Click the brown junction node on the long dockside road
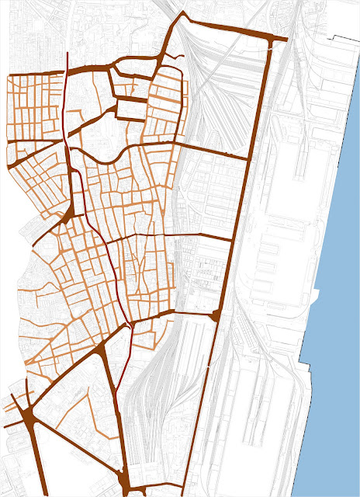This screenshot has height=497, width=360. pos(216,314)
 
